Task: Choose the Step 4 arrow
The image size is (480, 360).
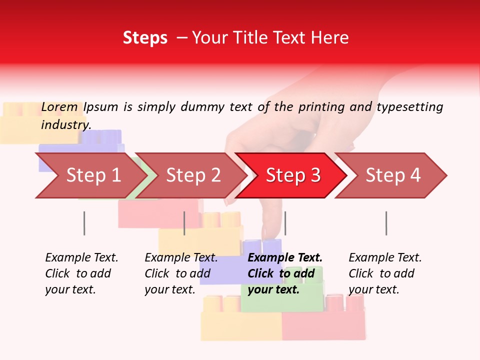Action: point(392,175)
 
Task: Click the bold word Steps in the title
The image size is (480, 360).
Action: point(145,38)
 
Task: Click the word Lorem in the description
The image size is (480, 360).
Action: point(59,107)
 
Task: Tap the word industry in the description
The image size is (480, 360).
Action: point(65,124)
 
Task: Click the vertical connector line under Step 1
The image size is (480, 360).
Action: point(84,223)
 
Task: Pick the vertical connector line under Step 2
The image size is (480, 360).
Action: point(184,223)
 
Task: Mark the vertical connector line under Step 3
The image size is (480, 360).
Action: point(285,223)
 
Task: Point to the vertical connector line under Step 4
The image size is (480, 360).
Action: point(386,223)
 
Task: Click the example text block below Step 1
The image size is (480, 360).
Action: point(81,273)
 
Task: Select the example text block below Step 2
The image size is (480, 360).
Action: point(181,273)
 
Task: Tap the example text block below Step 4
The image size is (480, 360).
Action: point(385,273)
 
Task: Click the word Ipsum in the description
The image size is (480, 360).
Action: point(100,107)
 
